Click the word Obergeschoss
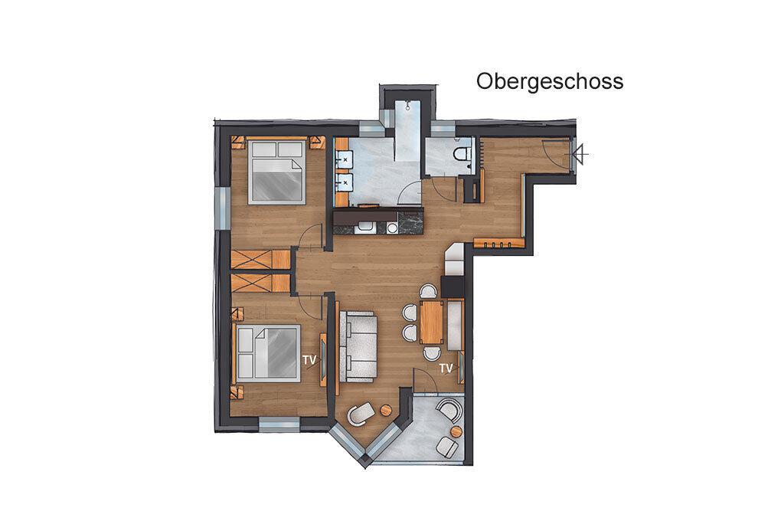(x=550, y=81)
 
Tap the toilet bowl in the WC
(x=462, y=152)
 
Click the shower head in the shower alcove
(x=407, y=105)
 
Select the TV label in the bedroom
(x=309, y=359)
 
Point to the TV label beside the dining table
(x=446, y=368)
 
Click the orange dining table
(x=431, y=322)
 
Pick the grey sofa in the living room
(x=358, y=346)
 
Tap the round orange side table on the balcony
(x=456, y=431)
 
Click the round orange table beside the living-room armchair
(x=387, y=410)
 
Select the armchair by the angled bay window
(x=360, y=413)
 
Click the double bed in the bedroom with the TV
(x=269, y=353)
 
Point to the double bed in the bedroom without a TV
(x=277, y=172)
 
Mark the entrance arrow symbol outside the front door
(x=579, y=155)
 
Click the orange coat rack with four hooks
(x=498, y=244)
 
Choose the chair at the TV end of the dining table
(x=431, y=353)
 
